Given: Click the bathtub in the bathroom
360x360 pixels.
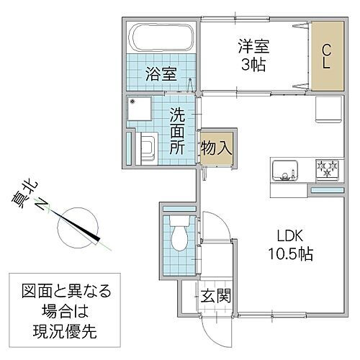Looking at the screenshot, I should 162,36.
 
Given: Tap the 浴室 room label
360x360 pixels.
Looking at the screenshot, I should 161,73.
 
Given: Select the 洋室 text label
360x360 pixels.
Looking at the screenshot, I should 256,45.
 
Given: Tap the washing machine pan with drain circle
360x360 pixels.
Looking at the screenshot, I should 147,112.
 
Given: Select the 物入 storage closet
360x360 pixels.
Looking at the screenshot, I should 216,149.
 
